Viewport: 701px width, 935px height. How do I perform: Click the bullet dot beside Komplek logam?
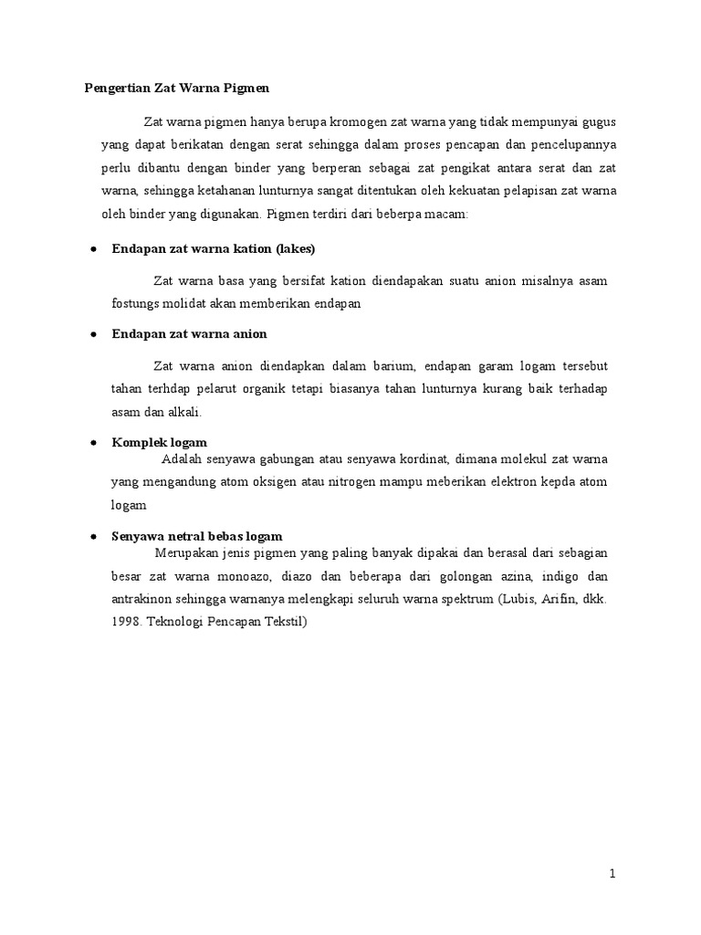point(94,443)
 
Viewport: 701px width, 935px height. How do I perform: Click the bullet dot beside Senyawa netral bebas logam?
point(94,537)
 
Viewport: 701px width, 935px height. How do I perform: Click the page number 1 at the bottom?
point(613,874)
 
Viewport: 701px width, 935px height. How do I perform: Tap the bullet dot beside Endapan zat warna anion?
point(94,335)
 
